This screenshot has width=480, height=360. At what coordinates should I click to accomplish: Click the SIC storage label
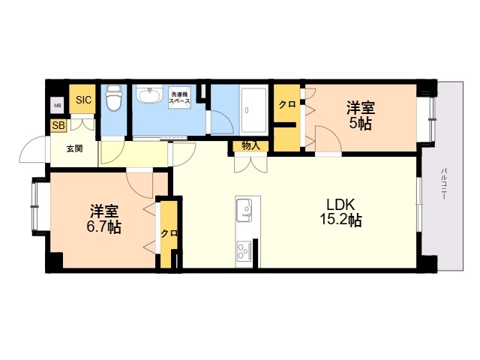[x=83, y=100]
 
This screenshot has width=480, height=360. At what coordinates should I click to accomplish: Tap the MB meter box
[x=58, y=106]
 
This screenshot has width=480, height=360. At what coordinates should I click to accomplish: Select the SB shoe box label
[x=58, y=125]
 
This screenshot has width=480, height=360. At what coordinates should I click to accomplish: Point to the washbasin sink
[x=149, y=94]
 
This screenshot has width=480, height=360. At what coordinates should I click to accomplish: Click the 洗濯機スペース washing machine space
[x=180, y=97]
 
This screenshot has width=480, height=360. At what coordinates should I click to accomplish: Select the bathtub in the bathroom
[x=253, y=110]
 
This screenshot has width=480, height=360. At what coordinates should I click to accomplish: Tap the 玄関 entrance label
[x=75, y=148]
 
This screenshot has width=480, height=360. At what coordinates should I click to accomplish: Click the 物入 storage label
[x=250, y=145]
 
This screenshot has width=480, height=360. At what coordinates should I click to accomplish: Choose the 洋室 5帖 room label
[x=361, y=115]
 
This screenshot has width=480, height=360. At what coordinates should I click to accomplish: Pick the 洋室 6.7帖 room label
[x=104, y=218]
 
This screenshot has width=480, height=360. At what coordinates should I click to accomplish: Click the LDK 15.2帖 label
[x=340, y=211]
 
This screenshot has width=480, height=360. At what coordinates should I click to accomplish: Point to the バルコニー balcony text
[x=443, y=183]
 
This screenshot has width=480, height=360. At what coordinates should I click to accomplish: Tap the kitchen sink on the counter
[x=244, y=210]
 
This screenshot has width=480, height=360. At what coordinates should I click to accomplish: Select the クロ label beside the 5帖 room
[x=287, y=104]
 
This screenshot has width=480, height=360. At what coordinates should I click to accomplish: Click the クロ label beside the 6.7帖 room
[x=169, y=233]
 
